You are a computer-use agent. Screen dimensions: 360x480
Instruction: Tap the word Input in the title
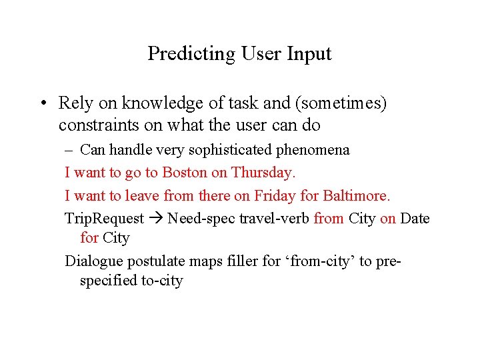309,54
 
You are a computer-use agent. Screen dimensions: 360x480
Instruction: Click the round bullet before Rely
42,103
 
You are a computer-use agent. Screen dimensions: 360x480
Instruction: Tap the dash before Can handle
69,149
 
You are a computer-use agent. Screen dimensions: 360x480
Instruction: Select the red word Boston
185,172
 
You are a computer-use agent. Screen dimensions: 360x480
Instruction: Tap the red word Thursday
263,172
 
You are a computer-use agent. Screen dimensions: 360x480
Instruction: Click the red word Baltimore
357,195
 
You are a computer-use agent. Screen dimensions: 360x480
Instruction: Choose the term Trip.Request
104,219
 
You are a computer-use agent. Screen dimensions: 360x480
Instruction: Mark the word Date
415,219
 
